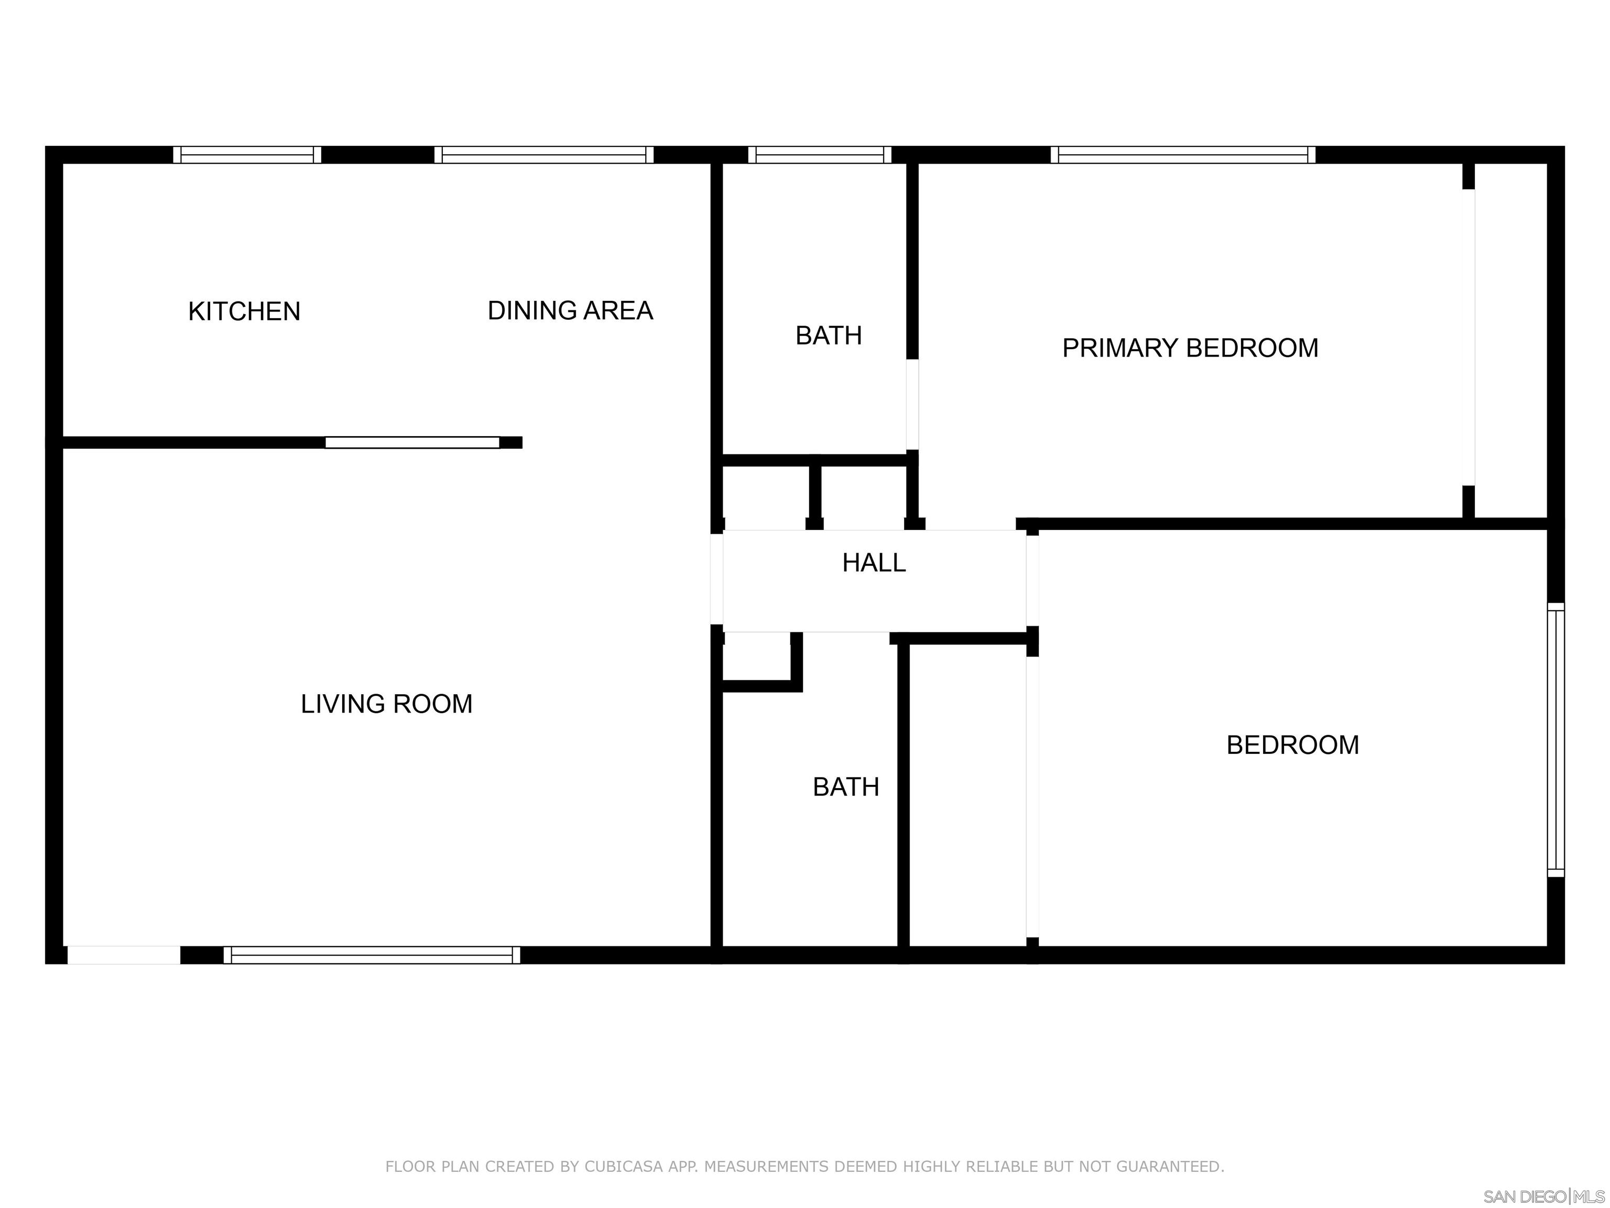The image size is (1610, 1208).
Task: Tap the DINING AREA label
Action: click(x=570, y=311)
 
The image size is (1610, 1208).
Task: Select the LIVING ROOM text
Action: click(x=386, y=704)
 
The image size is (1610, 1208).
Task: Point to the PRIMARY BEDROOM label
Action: click(x=1190, y=348)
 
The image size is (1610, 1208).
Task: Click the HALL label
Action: click(x=874, y=563)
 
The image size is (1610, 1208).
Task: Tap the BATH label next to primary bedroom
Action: click(x=828, y=336)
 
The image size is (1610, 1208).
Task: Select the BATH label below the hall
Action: click(x=846, y=787)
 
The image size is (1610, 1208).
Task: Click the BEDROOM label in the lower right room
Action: click(x=1292, y=745)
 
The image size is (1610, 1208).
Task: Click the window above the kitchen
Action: click(x=247, y=154)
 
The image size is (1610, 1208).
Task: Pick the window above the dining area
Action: click(x=543, y=154)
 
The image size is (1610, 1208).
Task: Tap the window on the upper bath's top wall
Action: click(x=820, y=154)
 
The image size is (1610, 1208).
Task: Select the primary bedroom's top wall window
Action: click(x=1183, y=154)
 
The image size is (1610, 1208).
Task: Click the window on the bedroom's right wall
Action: click(x=1555, y=740)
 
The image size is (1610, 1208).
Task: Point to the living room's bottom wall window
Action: click(x=372, y=955)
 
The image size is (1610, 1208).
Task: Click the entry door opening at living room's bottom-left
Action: click(x=124, y=955)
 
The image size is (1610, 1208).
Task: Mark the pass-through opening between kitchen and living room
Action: click(x=412, y=443)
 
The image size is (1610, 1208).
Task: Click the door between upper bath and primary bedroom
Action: click(x=912, y=404)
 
